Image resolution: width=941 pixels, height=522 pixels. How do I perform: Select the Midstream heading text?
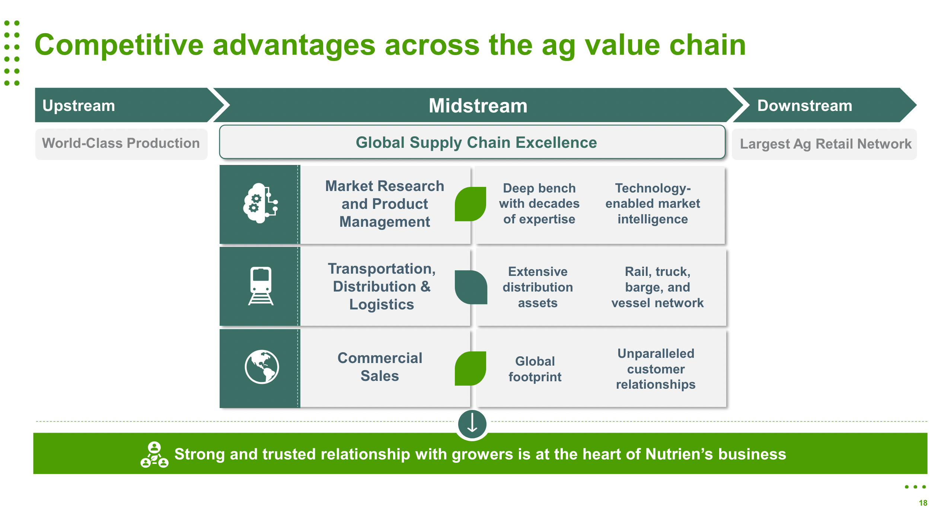click(x=478, y=106)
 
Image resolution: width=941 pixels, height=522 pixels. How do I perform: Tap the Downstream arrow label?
click(x=804, y=106)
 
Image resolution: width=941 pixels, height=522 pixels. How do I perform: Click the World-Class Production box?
click(x=121, y=143)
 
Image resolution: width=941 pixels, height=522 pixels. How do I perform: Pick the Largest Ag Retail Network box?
click(x=825, y=144)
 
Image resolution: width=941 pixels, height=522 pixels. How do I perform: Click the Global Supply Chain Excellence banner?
click(x=476, y=143)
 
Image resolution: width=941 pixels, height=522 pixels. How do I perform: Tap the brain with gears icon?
click(x=260, y=203)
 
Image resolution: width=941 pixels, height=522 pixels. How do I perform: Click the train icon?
click(x=261, y=286)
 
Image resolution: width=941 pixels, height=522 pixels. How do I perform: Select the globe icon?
click(x=261, y=367)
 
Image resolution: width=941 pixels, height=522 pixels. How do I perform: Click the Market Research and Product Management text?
click(x=385, y=204)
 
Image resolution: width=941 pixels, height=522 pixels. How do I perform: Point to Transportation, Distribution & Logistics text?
click(x=382, y=286)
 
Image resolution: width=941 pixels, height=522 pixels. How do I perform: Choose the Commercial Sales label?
click(x=380, y=367)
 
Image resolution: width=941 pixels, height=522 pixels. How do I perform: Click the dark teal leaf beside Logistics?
click(x=471, y=287)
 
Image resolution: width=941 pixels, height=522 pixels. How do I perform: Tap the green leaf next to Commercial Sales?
click(x=470, y=368)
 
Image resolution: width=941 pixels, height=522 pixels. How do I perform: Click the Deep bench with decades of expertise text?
click(x=539, y=204)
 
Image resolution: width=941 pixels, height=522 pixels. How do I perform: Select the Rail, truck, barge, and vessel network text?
click(x=657, y=287)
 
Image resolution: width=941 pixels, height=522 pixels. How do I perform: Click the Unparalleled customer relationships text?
click(x=655, y=369)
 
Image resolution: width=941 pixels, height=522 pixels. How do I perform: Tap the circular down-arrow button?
click(x=472, y=424)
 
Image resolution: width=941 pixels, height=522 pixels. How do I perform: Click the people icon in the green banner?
click(x=154, y=455)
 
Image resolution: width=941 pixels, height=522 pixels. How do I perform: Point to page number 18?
click(x=923, y=503)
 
